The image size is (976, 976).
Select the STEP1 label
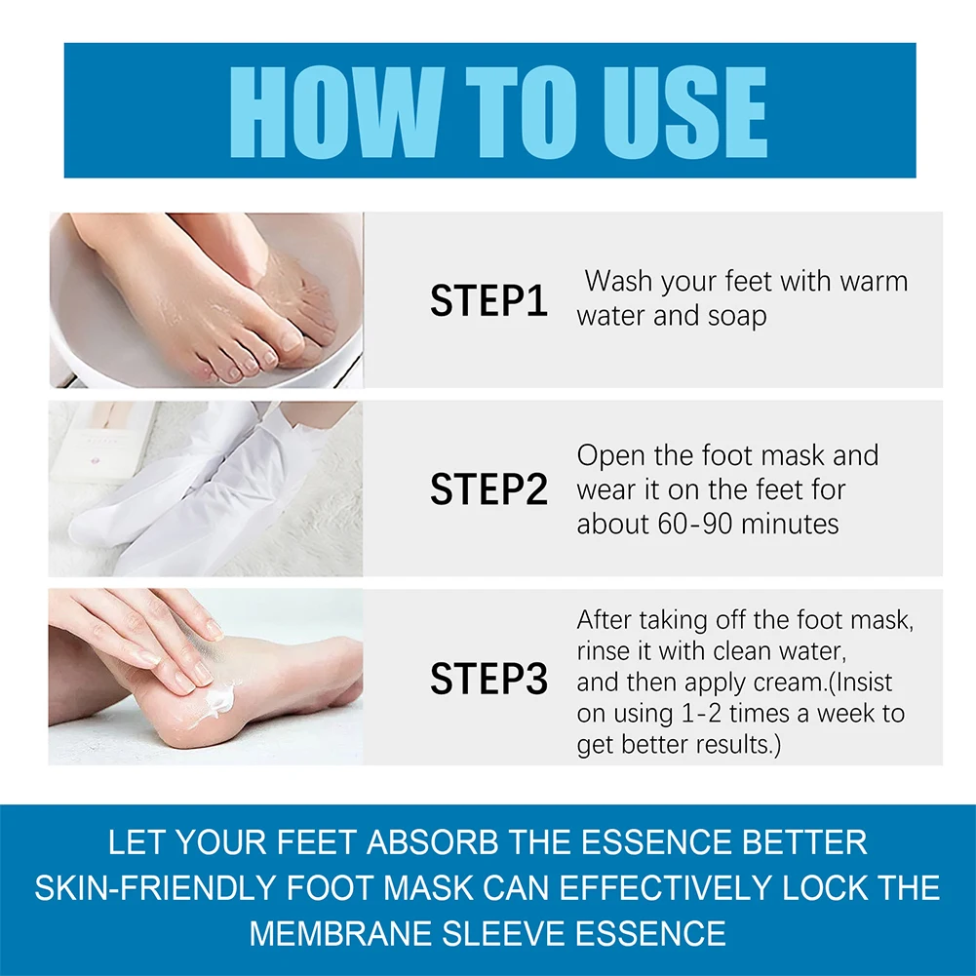(x=488, y=301)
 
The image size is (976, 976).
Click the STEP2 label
(x=488, y=489)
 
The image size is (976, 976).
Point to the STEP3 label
(x=488, y=679)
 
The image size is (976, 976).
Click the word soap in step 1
(x=733, y=316)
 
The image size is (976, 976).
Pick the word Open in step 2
(x=607, y=455)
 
